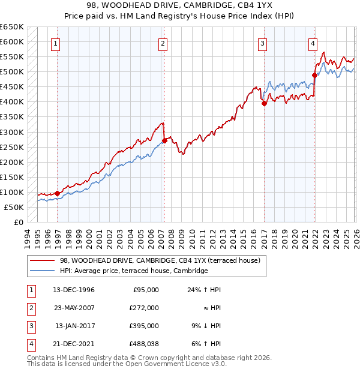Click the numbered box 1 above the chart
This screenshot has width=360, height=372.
pos(55,43)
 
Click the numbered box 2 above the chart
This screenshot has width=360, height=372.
pos(163,43)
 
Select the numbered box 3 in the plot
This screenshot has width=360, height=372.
pos(263,43)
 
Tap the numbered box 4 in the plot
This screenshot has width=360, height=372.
pos(313,43)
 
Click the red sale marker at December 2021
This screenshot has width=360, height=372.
pos(314,75)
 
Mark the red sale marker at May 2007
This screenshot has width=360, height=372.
pos(164,140)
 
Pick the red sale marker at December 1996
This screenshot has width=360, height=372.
pos(58,193)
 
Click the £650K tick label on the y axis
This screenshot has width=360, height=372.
pos(11,27)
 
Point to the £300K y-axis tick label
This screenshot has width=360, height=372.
pos(11,132)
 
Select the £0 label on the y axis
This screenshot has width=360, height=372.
pos(17,222)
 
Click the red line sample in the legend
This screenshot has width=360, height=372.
pos(43,260)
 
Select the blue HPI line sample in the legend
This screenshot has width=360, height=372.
pos(43,271)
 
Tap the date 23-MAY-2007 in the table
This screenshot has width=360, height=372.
pos(74,308)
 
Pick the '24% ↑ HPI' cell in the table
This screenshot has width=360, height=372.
pos(204,290)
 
